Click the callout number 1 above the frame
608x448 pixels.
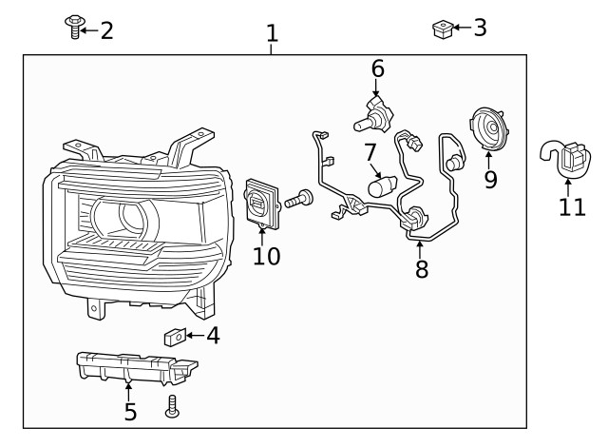[273, 34]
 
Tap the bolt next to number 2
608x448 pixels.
[74, 28]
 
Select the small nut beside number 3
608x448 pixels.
[441, 29]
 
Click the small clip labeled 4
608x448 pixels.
[174, 336]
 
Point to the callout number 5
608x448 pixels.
[130, 412]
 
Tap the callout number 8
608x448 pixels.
[422, 269]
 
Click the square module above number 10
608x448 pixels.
[264, 201]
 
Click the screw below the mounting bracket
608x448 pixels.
[173, 406]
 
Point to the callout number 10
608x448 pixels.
[267, 257]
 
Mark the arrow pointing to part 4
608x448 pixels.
[195, 336]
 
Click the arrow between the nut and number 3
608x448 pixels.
[460, 29]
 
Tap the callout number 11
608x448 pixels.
[572, 206]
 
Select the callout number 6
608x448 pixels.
[378, 68]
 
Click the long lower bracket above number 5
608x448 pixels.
[133, 367]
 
